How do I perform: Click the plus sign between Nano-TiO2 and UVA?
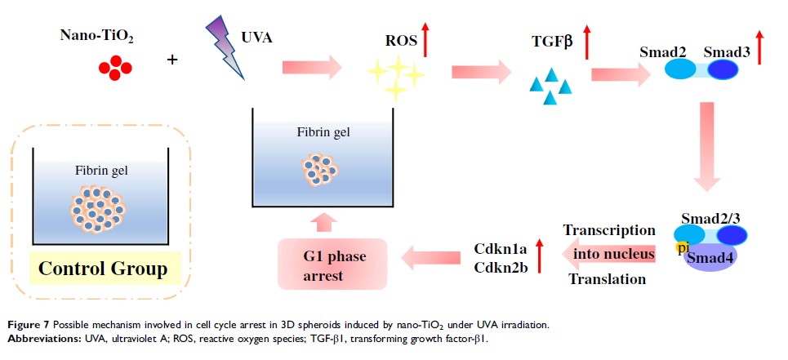point(172,60)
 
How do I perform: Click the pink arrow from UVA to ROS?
point(311,64)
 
